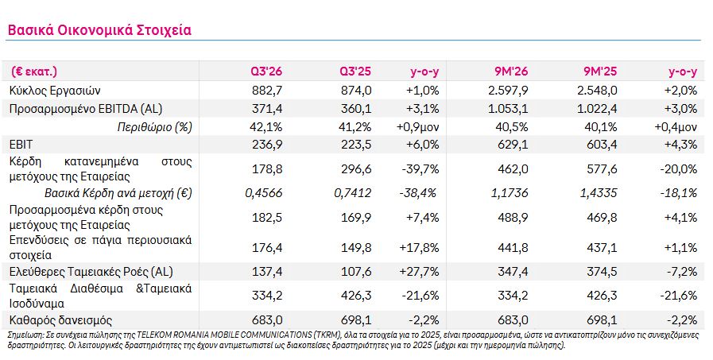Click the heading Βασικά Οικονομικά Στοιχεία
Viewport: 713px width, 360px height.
[99, 30]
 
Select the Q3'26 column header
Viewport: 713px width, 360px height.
[266, 72]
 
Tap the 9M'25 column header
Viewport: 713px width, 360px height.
[600, 72]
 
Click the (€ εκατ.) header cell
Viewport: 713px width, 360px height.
[34, 72]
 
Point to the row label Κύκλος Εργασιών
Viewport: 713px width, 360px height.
[55, 91]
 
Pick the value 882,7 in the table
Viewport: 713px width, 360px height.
[267, 91]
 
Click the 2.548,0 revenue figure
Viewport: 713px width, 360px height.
[598, 91]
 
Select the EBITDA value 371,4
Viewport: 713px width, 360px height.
[267, 109]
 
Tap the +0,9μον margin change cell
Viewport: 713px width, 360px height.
[418, 127]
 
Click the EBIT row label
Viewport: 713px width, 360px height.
[21, 145]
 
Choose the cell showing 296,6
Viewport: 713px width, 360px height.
[356, 169]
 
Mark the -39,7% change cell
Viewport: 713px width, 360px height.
[420, 169]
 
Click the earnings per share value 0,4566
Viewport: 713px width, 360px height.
[264, 193]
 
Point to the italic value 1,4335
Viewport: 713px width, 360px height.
[599, 193]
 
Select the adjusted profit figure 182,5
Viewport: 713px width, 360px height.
[267, 217]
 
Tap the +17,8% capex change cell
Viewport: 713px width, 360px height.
[419, 248]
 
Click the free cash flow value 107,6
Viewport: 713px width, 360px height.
[356, 272]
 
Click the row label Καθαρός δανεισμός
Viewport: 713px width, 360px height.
[60, 320]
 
